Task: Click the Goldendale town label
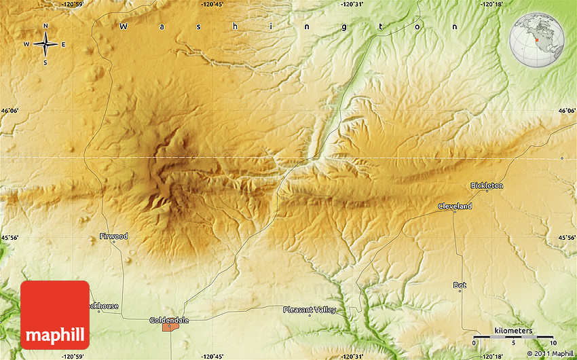[169, 320]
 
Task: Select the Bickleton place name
[487, 185]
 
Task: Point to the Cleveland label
[455, 206]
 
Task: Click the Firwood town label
[113, 236]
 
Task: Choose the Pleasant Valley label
[310, 310]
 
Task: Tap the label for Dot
[460, 285]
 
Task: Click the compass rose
[45, 45]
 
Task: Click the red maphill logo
[55, 315]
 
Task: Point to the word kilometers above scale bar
[513, 331]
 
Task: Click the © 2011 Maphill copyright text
[550, 353]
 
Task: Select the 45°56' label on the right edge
[567, 238]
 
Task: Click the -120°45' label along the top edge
[212, 5]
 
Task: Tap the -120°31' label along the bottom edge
[353, 356]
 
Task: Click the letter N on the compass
[45, 26]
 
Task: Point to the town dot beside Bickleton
[487, 191]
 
